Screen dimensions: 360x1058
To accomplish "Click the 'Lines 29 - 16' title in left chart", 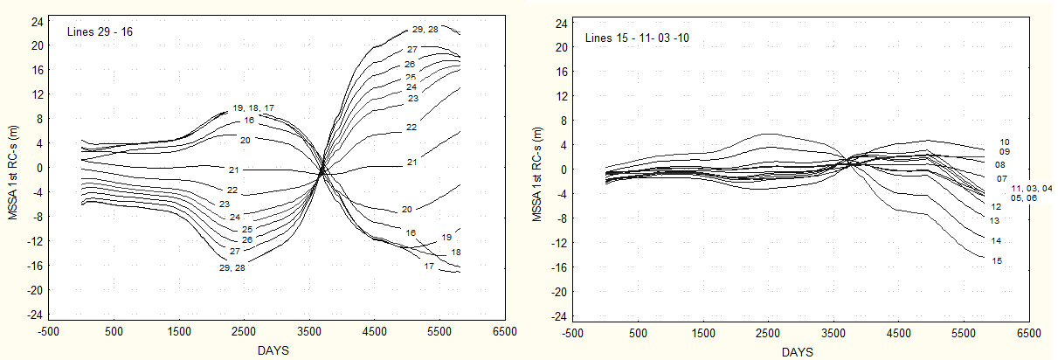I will tap(100, 32).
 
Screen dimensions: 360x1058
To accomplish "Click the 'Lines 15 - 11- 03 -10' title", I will tap(637, 38).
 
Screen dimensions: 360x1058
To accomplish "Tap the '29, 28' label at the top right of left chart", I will tap(425, 30).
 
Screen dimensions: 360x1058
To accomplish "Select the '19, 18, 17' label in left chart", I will tap(253, 107).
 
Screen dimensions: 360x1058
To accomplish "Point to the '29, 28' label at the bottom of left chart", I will tap(232, 268).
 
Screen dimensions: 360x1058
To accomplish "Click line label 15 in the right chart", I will tap(997, 260).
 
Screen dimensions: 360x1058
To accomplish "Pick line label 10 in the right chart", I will tap(1005, 142).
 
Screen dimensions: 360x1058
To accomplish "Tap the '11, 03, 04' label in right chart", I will tap(1032, 188).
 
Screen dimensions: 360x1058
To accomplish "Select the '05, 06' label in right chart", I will tap(1024, 198).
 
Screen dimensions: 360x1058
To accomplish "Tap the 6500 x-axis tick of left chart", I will tap(504, 332).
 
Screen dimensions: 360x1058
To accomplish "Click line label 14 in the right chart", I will tap(996, 240).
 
